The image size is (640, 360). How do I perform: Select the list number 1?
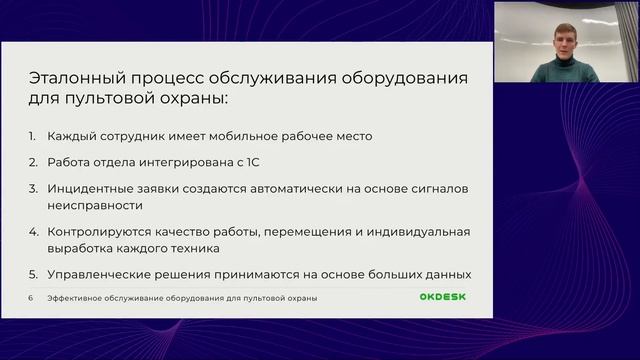(x=32, y=135)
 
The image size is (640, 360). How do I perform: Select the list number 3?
(x=32, y=188)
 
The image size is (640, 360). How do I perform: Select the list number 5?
(x=32, y=275)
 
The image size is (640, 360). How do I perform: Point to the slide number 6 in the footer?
(x=31, y=299)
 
